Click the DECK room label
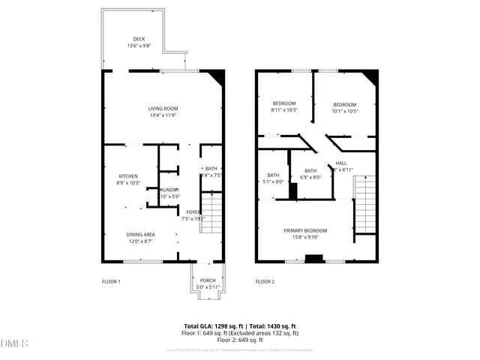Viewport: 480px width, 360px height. click(x=139, y=39)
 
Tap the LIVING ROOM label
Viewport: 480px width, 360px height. click(x=163, y=109)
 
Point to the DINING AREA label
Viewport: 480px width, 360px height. click(x=140, y=235)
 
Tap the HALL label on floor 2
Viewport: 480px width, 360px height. click(x=341, y=163)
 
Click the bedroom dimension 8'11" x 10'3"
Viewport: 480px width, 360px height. click(x=284, y=110)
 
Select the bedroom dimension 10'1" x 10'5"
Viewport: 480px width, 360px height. click(x=344, y=111)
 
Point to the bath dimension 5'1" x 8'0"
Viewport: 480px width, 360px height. click(x=274, y=181)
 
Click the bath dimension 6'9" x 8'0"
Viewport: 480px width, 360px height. click(x=310, y=178)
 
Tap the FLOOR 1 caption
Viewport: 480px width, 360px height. click(x=111, y=282)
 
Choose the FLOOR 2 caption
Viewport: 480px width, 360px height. click(x=265, y=282)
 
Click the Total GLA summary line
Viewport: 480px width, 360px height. click(x=240, y=326)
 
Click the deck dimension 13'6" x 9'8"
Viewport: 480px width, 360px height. click(x=139, y=46)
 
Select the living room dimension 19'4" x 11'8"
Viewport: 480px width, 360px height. click(x=163, y=115)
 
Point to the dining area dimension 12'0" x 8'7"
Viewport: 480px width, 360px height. click(x=140, y=241)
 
